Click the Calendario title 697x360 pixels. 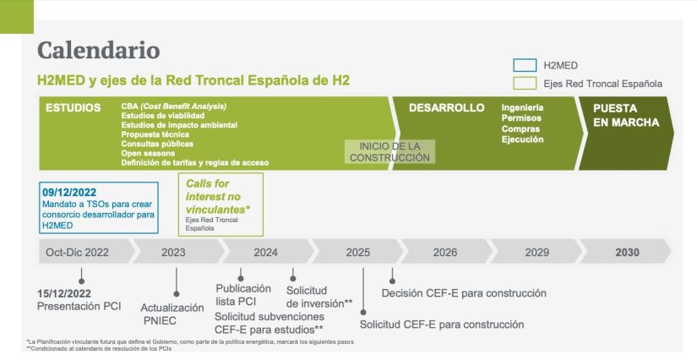[98, 50]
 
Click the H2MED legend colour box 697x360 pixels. [525, 65]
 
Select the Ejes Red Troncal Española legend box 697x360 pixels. [525, 83]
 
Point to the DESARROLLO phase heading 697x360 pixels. [446, 108]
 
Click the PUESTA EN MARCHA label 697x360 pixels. [625, 116]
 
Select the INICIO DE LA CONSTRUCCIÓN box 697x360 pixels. [389, 151]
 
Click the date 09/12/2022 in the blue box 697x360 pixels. [71, 192]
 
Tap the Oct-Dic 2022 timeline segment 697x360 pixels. [78, 252]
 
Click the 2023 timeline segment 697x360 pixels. [172, 252]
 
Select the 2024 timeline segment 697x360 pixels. [265, 252]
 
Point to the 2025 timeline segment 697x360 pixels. [358, 252]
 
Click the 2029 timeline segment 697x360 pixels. [534, 252]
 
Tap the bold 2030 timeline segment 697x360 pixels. [627, 252]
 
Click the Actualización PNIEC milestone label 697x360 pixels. [173, 314]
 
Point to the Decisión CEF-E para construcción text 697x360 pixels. [464, 293]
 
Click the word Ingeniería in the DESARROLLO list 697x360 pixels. [522, 108]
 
